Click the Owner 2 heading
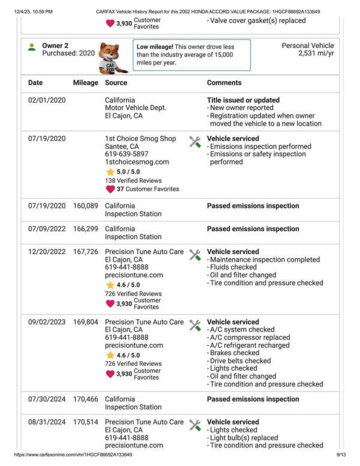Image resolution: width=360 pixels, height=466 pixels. pyautogui.click(x=55, y=46)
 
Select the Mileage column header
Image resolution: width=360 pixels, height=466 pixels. pyautogui.click(x=85, y=83)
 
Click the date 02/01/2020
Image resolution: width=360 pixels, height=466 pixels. pyautogui.click(x=47, y=100)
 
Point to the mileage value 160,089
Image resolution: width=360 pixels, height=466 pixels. pyautogui.click(x=85, y=206)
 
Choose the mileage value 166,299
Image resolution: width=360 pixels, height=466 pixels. pyautogui.click(x=85, y=229)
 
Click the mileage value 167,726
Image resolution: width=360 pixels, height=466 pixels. pyautogui.click(x=85, y=252)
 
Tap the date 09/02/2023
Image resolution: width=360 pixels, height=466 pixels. pyautogui.click(x=47, y=322)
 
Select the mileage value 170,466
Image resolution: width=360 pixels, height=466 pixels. pyautogui.click(x=85, y=399)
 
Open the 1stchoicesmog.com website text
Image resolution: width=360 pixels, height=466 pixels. pyautogui.click(x=137, y=162)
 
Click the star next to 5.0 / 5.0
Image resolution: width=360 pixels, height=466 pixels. pyautogui.click(x=110, y=172)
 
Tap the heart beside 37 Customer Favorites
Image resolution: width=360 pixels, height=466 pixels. pyautogui.click(x=110, y=189)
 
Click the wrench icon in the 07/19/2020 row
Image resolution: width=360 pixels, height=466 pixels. pyautogui.click(x=195, y=142)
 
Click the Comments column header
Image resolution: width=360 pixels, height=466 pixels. pyautogui.click(x=224, y=83)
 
